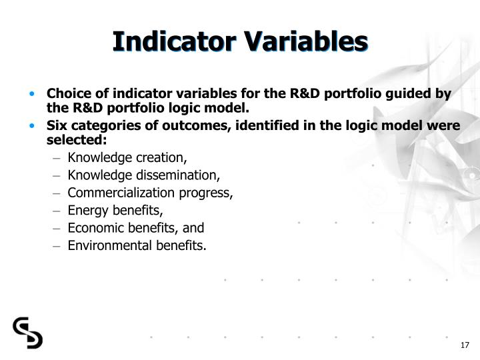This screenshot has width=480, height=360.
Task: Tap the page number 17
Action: click(465, 345)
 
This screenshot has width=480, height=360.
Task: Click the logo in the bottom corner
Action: click(27, 333)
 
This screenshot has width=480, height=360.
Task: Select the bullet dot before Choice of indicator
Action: click(32, 94)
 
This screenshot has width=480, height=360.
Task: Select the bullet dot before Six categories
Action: click(32, 127)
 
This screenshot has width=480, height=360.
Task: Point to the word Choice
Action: click(67, 93)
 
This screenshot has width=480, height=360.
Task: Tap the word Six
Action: click(57, 127)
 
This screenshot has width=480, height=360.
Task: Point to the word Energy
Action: click(85, 211)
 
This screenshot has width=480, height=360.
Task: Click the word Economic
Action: click(93, 228)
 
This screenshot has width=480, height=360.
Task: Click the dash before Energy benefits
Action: click(58, 211)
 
